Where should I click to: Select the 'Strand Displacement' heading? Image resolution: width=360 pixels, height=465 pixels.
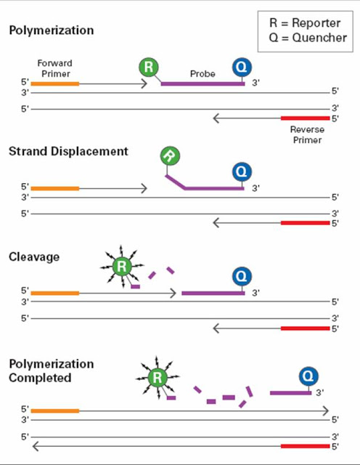click(x=68, y=151)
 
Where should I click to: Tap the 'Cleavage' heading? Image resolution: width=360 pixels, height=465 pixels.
click(x=34, y=256)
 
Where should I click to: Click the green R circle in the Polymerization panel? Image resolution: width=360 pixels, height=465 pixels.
click(x=149, y=68)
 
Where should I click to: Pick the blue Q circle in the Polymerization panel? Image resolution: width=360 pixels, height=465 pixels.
click(x=242, y=68)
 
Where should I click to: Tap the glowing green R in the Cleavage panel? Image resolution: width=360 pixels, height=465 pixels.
click(x=123, y=267)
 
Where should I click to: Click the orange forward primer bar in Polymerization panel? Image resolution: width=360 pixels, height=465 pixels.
click(x=54, y=84)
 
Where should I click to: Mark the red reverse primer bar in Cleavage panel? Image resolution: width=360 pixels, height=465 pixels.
click(x=305, y=328)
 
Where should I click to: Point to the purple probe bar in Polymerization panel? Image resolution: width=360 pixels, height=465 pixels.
click(x=202, y=84)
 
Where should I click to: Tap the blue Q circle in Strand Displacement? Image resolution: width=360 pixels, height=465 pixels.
click(x=242, y=172)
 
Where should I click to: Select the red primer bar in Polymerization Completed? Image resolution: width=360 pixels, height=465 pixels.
click(x=305, y=445)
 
